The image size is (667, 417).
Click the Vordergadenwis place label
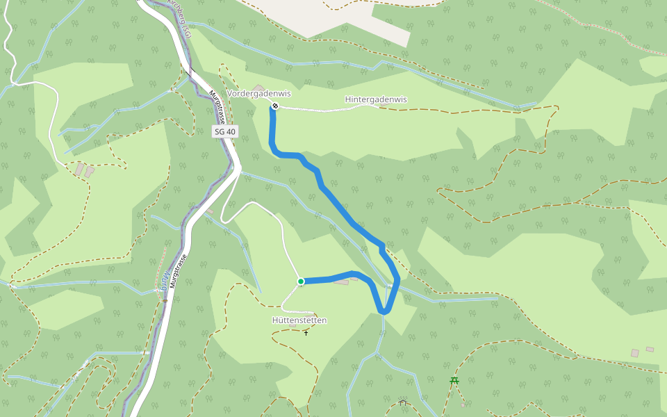click(258, 94)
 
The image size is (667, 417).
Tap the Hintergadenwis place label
click(376, 99)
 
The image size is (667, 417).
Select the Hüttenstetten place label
click(299, 320)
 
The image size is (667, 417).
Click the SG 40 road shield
click(224, 131)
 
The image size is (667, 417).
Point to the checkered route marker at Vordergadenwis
click(275, 106)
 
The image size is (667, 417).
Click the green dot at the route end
click(301, 281)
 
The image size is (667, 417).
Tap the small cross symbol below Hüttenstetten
click(306, 333)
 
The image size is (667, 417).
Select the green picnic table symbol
click(454, 380)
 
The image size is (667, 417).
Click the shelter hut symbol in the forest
click(402, 402)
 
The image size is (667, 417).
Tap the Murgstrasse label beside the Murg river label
click(179, 272)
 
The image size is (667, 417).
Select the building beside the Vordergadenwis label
click(258, 88)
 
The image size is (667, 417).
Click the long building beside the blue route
click(341, 281)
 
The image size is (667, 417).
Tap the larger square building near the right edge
click(634, 353)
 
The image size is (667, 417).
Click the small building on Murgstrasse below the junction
click(210, 210)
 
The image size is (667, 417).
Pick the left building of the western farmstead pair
click(79, 169)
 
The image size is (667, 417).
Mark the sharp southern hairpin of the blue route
click(384, 311)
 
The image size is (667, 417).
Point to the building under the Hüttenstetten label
click(293, 325)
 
